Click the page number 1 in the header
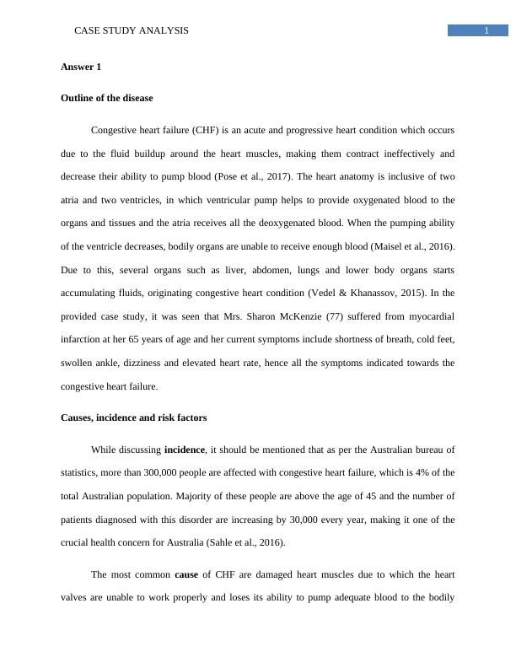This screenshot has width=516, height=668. point(486,31)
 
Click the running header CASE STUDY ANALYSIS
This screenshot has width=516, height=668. point(132,30)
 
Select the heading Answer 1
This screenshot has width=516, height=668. point(81,66)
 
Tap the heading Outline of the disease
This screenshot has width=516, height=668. point(107,98)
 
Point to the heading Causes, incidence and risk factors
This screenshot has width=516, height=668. point(133,417)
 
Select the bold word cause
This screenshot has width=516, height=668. point(186,574)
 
